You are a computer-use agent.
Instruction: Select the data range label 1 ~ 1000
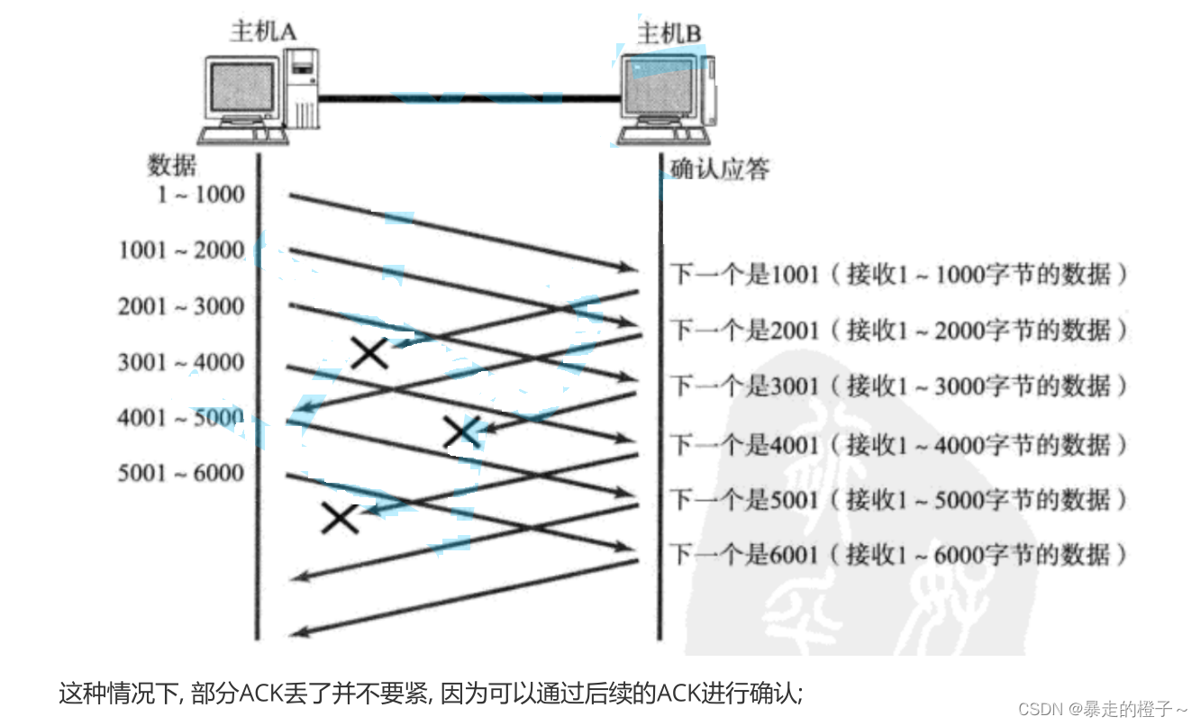coord(200,194)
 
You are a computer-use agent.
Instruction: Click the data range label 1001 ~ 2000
coord(181,250)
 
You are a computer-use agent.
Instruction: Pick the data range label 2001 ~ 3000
coord(181,306)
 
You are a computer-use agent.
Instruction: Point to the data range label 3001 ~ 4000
coord(181,362)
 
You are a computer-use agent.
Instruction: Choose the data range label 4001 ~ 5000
coord(181,418)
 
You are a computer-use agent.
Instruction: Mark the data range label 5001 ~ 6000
coord(181,473)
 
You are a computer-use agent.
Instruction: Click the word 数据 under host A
coord(171,165)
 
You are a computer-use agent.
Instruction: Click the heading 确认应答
coord(719,168)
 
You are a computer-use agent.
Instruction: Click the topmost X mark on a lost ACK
coord(369,352)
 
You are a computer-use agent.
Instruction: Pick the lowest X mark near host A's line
coord(341,517)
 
